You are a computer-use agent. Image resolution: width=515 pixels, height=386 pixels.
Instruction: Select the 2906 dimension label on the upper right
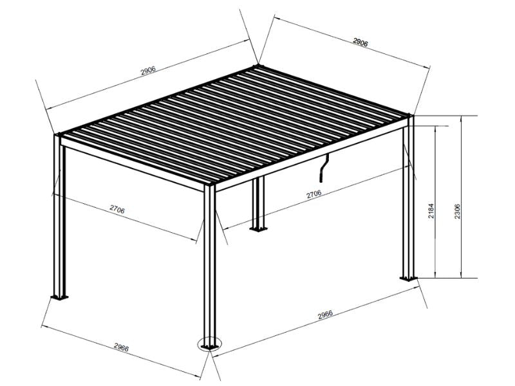tap(360, 43)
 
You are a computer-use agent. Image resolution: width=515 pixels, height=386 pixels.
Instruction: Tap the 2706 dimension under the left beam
tap(117, 210)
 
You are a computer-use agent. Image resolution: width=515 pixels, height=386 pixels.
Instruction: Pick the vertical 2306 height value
tap(457, 211)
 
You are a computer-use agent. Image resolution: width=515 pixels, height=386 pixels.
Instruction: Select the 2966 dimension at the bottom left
tap(121, 348)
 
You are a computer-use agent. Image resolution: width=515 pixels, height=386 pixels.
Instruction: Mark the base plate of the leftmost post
tap(60, 297)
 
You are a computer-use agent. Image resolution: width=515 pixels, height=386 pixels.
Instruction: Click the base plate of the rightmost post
tap(408, 279)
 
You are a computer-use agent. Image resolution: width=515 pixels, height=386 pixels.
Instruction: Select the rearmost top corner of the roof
tap(258, 66)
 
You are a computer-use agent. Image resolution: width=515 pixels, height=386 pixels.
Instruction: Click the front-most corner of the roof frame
tap(210, 187)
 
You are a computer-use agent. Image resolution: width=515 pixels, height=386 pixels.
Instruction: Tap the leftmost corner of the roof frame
tap(57, 135)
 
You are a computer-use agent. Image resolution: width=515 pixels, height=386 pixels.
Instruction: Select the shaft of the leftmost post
tap(57, 219)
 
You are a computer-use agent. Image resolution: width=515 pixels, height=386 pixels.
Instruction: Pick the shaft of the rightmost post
tap(409, 199)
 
